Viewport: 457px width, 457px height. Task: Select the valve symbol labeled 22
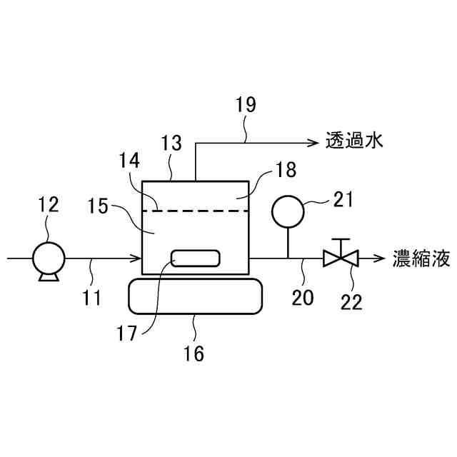pos(341,257)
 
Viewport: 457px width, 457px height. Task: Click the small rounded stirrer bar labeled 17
pos(195,259)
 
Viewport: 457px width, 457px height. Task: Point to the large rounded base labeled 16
pos(194,296)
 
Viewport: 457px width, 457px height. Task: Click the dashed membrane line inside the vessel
pos(196,211)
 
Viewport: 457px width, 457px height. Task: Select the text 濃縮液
pos(421,258)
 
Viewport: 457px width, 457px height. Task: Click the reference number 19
pos(245,105)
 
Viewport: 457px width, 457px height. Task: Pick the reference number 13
pos(171,144)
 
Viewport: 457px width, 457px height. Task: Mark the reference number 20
pos(302,296)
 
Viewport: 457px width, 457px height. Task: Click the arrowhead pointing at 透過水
pos(311,142)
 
